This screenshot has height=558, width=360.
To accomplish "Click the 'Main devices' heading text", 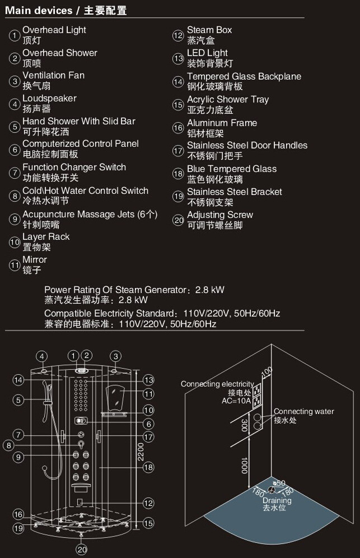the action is pos(39,10).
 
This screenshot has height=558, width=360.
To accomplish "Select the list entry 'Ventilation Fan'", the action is pos(53,76).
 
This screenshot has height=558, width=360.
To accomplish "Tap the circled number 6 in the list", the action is pos(15,150).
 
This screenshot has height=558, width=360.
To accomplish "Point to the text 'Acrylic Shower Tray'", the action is pos(228,100).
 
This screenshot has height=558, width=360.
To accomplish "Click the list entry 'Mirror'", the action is pos(35,259).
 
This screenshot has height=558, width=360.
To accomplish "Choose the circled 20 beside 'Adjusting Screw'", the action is pos(178,220).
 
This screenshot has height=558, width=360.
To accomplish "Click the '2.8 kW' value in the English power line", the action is pos(210,290).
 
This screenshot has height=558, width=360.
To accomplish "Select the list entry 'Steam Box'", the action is pos(209,30).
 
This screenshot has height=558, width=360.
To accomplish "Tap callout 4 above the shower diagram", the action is pos(42,356).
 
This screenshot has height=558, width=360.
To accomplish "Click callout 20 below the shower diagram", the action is pos(82,550).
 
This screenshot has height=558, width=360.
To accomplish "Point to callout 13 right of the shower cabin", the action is pos(149,380).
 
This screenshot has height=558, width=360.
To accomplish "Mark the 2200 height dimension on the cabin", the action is pos(141,452).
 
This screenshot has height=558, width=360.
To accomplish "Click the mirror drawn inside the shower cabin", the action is pos(115,397).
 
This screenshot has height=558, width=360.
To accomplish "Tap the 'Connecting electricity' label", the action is pos(217,384).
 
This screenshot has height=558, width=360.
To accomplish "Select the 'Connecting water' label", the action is pos(304,411).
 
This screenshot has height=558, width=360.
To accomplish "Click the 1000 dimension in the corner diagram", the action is pos(245,466).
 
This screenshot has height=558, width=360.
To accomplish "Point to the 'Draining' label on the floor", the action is pos(277,500).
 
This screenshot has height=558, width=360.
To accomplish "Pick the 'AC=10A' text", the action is pos(236,401).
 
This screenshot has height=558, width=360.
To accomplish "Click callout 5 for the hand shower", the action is pos(18,400).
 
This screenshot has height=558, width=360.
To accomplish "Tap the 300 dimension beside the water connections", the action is pos(245,425).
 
